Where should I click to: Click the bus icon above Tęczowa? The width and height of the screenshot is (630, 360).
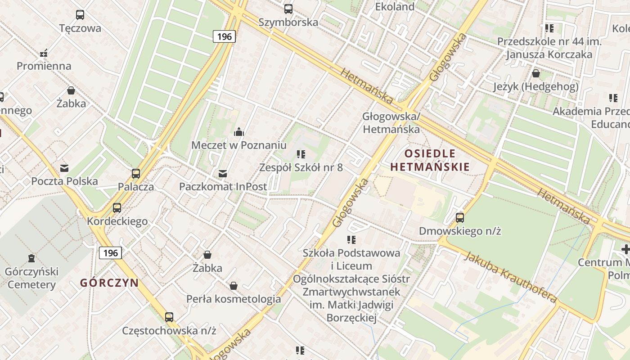[80, 14]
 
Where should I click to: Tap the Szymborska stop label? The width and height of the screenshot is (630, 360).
[288, 22]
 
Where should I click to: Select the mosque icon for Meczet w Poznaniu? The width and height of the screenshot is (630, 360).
[238, 132]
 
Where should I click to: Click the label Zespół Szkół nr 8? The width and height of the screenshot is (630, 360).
[301, 167]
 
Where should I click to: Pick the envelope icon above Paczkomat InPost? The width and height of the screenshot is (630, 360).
[222, 173]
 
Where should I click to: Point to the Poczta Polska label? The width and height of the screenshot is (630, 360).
[64, 181]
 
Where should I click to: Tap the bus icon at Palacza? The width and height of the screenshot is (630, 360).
[135, 173]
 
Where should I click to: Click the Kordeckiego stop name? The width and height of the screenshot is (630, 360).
[117, 221]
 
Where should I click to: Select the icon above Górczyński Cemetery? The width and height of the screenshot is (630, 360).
[31, 258]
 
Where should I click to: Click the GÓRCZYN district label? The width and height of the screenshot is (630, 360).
[109, 283]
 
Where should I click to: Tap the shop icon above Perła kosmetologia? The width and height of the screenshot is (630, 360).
[233, 285]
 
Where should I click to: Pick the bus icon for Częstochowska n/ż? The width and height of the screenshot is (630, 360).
[169, 317]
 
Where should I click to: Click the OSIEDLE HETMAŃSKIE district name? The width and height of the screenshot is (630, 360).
[430, 160]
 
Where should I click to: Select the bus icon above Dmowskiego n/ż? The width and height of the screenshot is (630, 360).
[459, 218]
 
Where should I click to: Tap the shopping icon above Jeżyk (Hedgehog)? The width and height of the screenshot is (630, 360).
[536, 73]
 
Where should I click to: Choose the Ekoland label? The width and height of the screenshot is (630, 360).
[395, 7]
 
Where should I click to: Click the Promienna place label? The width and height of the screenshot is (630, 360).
[44, 66]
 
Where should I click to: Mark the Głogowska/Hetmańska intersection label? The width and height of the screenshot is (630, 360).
[391, 123]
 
